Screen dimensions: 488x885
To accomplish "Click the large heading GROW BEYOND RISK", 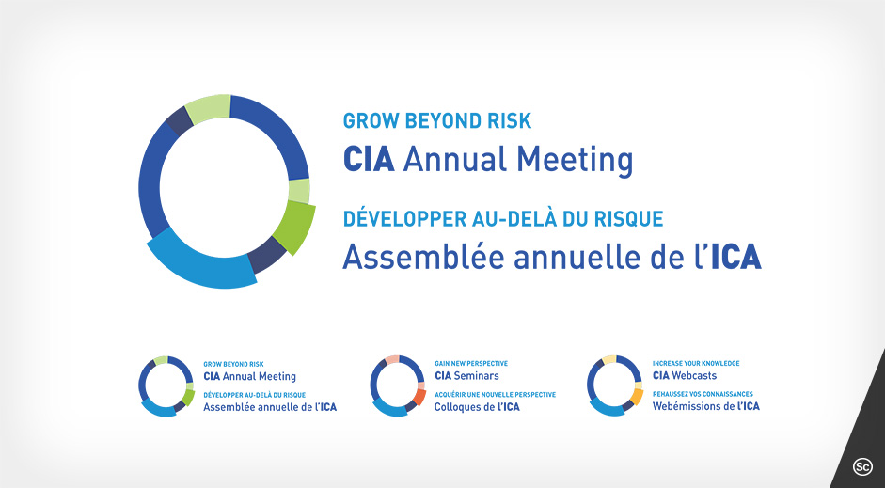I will click(x=437, y=121).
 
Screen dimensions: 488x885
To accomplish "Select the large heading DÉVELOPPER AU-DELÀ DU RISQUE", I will click(x=503, y=219).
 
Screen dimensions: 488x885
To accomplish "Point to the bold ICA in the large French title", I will click(x=735, y=256).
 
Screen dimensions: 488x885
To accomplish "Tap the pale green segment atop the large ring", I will click(x=209, y=108).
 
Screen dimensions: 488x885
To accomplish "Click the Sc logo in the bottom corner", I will click(x=861, y=465).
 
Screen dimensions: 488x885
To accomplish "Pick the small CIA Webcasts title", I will click(x=685, y=376).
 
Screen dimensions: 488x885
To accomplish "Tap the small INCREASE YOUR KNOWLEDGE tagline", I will click(x=696, y=363).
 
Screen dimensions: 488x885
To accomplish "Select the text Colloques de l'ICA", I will click(x=477, y=407).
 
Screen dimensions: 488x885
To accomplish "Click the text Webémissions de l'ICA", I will click(x=706, y=406).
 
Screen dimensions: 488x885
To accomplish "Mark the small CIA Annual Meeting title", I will click(x=249, y=376).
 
